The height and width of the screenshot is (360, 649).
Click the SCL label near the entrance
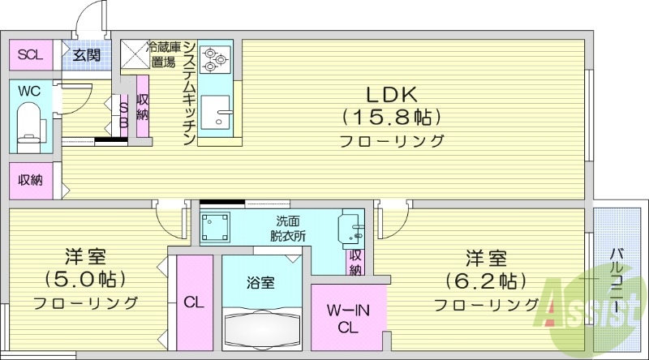click(x=29, y=55)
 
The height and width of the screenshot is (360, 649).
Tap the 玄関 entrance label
click(x=86, y=55)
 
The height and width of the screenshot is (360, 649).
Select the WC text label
click(x=29, y=91)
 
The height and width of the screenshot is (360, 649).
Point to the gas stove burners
click(x=215, y=58)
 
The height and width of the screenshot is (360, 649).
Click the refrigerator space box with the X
click(x=133, y=54)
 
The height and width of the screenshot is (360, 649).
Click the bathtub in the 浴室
click(x=260, y=329)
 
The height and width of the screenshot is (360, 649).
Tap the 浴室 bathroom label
click(x=260, y=283)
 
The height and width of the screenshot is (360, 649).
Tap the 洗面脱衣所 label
click(x=288, y=228)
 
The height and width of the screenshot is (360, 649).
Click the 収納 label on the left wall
click(x=29, y=180)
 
